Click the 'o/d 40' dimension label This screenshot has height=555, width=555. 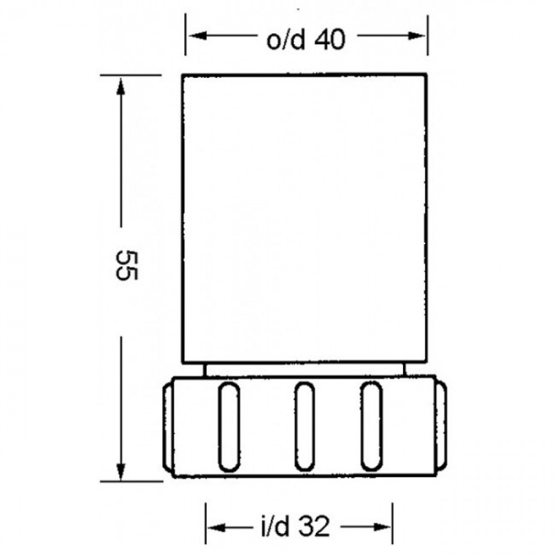pyautogui.click(x=305, y=39)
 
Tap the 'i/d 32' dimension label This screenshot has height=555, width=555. pyautogui.click(x=295, y=527)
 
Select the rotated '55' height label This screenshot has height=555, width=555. pyautogui.click(x=126, y=265)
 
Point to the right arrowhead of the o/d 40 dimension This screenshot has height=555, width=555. pyautogui.click(x=416, y=36)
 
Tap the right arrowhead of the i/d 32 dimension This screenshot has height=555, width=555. pyautogui.click(x=382, y=527)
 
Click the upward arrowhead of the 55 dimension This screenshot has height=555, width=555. pyautogui.click(x=121, y=86)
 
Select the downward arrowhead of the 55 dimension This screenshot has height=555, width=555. pyautogui.click(x=121, y=471)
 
